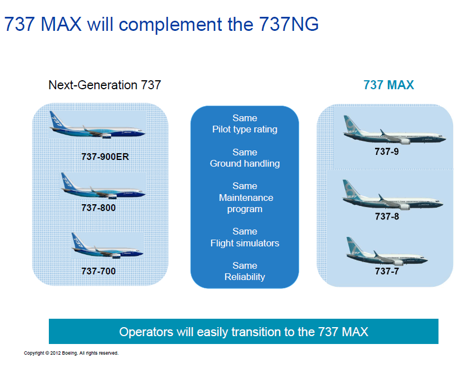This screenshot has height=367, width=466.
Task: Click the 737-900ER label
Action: pyautogui.click(x=105, y=157)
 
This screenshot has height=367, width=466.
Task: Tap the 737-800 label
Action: pyautogui.click(x=98, y=208)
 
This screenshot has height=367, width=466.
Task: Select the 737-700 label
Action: pyautogui.click(x=98, y=271)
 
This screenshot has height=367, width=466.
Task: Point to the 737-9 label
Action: pyautogui.click(x=387, y=152)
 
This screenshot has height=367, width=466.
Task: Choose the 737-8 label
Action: pyautogui.click(x=387, y=217)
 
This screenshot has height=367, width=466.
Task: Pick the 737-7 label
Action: pyautogui.click(x=387, y=271)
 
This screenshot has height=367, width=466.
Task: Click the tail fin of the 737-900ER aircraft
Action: pyautogui.click(x=57, y=120)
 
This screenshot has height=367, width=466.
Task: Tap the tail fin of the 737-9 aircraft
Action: pyautogui.click(x=351, y=125)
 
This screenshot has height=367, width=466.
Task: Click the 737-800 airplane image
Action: pyautogui.click(x=103, y=186)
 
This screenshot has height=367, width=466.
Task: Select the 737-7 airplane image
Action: pyautogui.click(x=387, y=251)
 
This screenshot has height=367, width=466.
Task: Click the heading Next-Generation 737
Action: pyautogui.click(x=104, y=85)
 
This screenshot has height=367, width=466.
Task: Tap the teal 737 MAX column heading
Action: pyautogui.click(x=389, y=85)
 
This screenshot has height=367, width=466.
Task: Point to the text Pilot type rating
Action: pyautogui.click(x=245, y=130)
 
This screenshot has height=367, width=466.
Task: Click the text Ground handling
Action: pyautogui.click(x=245, y=164)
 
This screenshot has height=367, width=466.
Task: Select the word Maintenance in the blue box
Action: pyautogui.click(x=246, y=198)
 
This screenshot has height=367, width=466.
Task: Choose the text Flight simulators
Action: pyautogui.click(x=245, y=243)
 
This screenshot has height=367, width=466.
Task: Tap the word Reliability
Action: pyautogui.click(x=245, y=277)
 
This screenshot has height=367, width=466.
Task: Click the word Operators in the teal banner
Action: pyautogui.click(x=146, y=332)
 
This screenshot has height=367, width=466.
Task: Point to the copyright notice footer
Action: pyautogui.click(x=71, y=353)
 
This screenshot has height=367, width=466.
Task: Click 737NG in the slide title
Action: pyautogui.click(x=289, y=24)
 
